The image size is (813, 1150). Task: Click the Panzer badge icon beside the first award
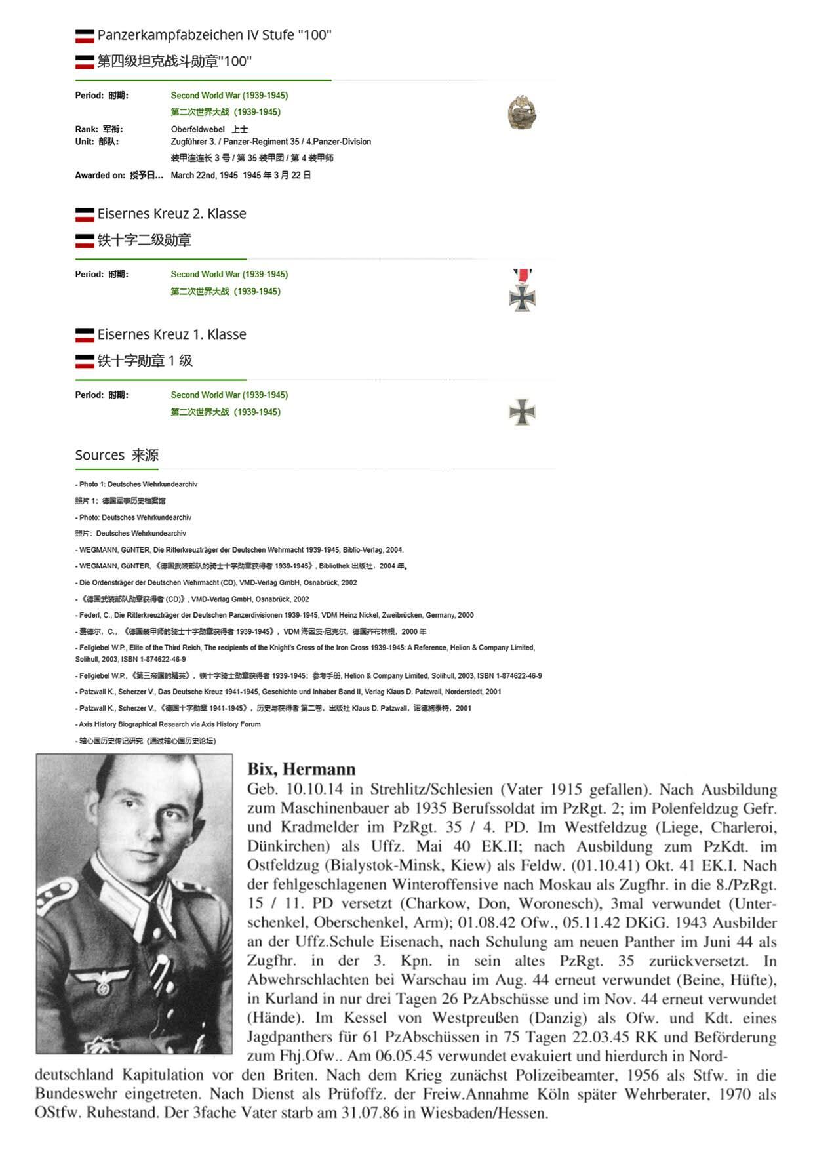click(x=521, y=113)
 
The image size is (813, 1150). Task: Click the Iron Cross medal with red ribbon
click(x=522, y=291)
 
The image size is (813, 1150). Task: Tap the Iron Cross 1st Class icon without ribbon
click(x=522, y=412)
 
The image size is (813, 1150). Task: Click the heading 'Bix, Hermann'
click(x=301, y=769)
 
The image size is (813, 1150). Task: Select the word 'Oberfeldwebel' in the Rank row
click(x=197, y=129)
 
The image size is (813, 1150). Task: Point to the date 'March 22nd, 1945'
click(x=204, y=175)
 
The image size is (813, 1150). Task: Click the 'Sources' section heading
click(x=100, y=455)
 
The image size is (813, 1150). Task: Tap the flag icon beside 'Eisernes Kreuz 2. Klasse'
click(x=85, y=214)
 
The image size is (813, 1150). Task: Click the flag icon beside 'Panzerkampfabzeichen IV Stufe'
click(x=85, y=35)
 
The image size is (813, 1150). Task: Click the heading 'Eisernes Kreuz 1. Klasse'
click(x=172, y=334)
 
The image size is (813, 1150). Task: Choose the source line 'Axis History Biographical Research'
click(x=169, y=724)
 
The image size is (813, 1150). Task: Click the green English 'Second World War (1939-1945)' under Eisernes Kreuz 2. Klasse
click(x=229, y=274)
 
